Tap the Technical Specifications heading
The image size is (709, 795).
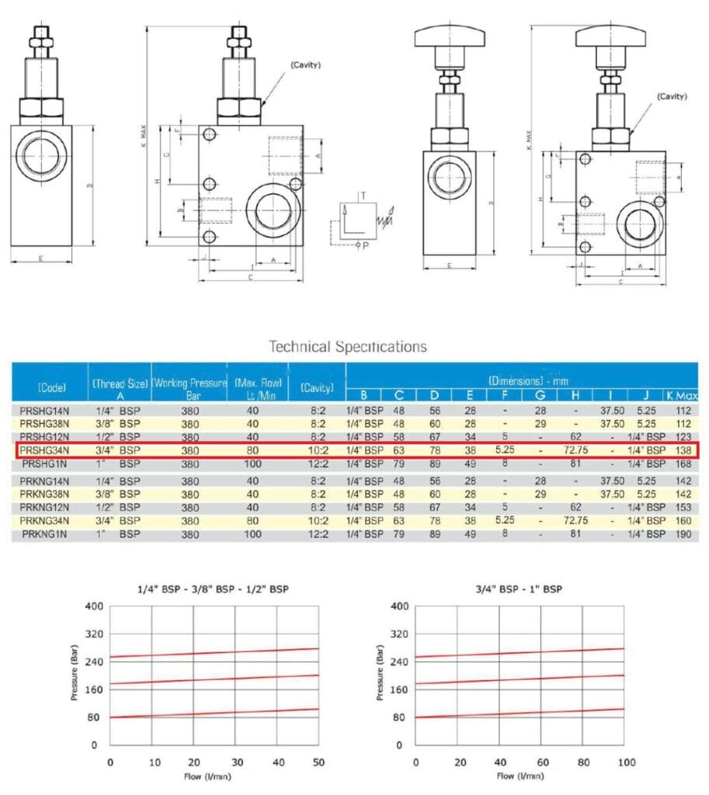pos(347,346)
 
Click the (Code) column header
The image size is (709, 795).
pos(50,387)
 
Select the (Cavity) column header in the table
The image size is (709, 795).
pos(316,387)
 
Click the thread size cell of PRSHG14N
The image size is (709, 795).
pos(119,410)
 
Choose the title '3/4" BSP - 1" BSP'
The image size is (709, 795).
pos(519,589)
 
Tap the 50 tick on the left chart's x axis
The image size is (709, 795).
pos(318,761)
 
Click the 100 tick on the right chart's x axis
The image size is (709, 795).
pos(623,761)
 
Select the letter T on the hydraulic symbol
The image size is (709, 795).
pos(362,193)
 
